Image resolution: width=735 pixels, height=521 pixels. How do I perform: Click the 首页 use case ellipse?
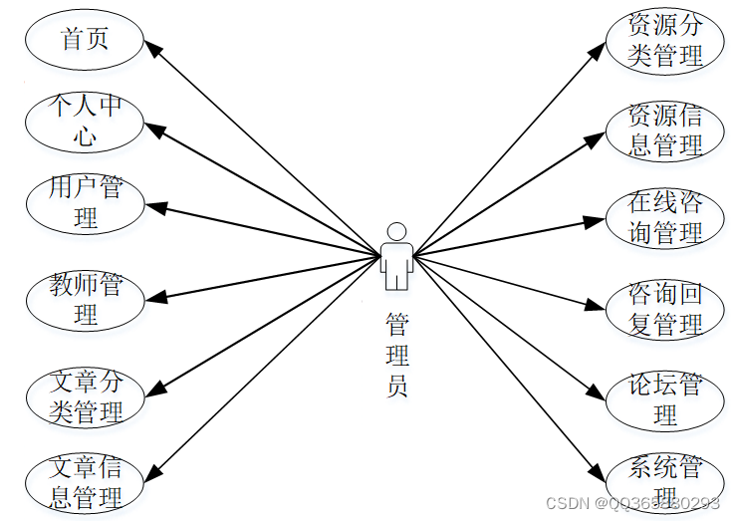pyautogui.click(x=86, y=41)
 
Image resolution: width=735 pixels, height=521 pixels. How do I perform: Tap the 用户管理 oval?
pyautogui.click(x=86, y=203)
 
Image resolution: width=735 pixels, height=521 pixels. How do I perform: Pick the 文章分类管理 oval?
pyautogui.click(x=86, y=396)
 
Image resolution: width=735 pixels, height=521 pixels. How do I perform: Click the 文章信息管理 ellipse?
pyautogui.click(x=86, y=482)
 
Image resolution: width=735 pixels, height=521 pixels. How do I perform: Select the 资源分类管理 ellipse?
pyautogui.click(x=665, y=41)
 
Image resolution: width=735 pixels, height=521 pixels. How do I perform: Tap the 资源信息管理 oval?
pyautogui.click(x=665, y=130)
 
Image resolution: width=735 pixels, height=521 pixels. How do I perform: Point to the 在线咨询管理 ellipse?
pyautogui.click(x=665, y=218)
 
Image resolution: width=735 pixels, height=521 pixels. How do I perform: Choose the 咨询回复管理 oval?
pyautogui.click(x=665, y=309)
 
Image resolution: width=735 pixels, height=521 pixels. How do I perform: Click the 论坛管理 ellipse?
pyautogui.click(x=665, y=399)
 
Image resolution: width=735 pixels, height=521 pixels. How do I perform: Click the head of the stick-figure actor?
pyautogui.click(x=396, y=232)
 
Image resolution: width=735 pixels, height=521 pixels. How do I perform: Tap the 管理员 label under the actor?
pyautogui.click(x=396, y=355)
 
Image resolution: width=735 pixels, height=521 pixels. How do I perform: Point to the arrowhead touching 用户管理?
pyautogui.click(x=155, y=207)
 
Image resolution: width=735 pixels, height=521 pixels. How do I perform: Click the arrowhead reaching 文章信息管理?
pyautogui.click(x=154, y=472)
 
